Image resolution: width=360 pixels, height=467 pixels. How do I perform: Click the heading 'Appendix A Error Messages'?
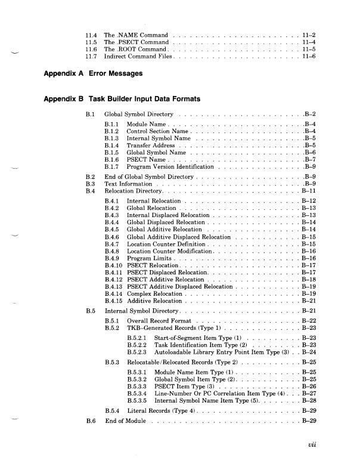click(94, 73)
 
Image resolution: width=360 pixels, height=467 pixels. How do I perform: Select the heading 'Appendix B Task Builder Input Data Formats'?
click(122, 98)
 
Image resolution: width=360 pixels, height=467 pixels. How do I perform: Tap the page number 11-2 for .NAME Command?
click(309, 36)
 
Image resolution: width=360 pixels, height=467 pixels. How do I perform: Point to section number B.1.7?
click(112, 167)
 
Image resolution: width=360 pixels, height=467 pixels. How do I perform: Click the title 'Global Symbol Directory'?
click(138, 114)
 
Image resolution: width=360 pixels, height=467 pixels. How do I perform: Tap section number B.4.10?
click(113, 265)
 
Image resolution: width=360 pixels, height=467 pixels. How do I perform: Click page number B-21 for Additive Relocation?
click(309, 301)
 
